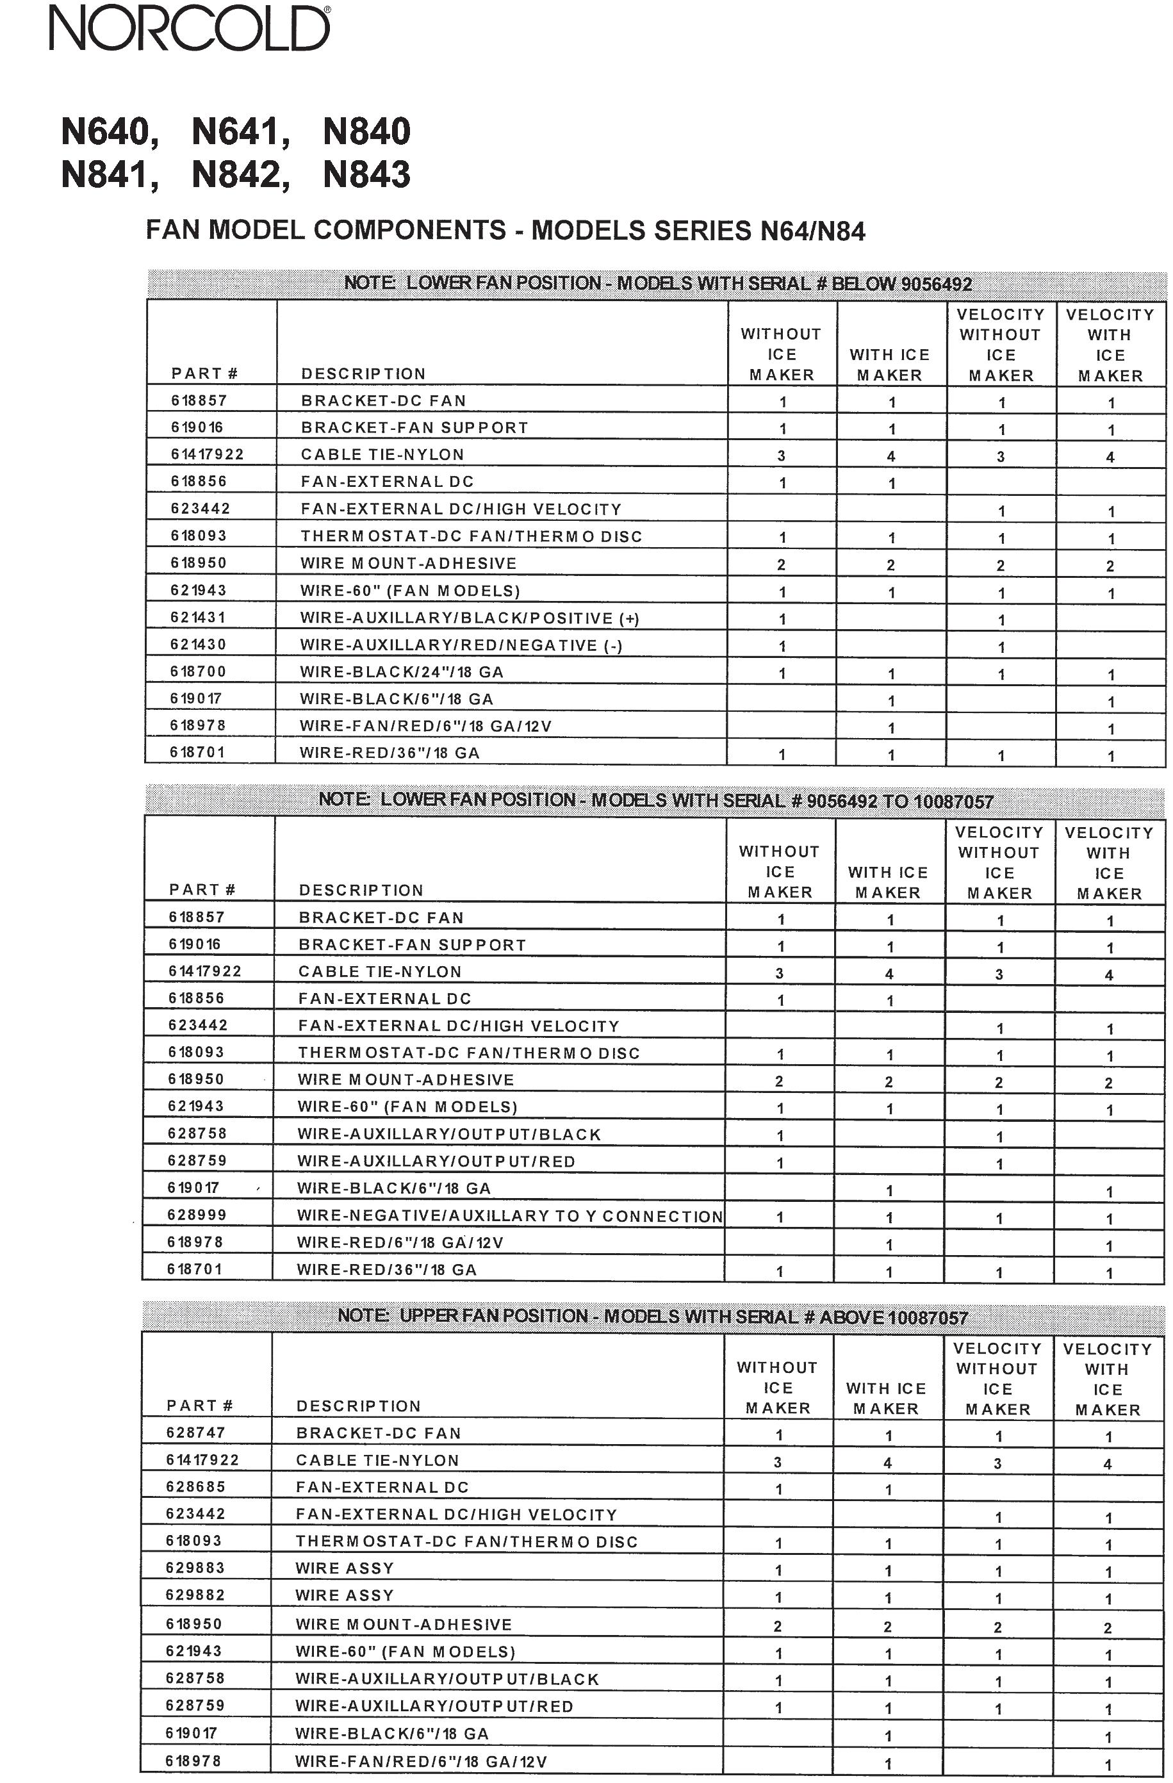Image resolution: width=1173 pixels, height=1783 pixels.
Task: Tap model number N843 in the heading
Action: (366, 174)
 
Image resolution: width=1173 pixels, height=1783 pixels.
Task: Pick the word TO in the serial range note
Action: (895, 801)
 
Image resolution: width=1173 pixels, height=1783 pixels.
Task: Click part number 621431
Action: (198, 618)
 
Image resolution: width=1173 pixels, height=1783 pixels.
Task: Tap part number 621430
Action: (198, 645)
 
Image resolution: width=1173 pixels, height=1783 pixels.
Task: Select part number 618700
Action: (198, 671)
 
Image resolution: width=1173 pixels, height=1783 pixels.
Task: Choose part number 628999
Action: (196, 1214)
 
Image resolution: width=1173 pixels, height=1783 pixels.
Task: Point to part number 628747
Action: (195, 1432)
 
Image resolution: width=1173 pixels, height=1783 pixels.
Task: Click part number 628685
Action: (195, 1486)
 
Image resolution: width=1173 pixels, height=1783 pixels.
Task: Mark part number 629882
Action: (195, 1595)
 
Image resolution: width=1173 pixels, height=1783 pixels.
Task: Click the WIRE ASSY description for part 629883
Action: (345, 1567)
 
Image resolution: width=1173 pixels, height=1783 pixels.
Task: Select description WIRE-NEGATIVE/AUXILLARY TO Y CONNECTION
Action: (509, 1215)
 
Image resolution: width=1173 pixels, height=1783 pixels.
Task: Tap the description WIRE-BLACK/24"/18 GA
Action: (402, 672)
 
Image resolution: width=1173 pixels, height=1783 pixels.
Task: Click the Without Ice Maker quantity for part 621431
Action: (782, 620)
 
